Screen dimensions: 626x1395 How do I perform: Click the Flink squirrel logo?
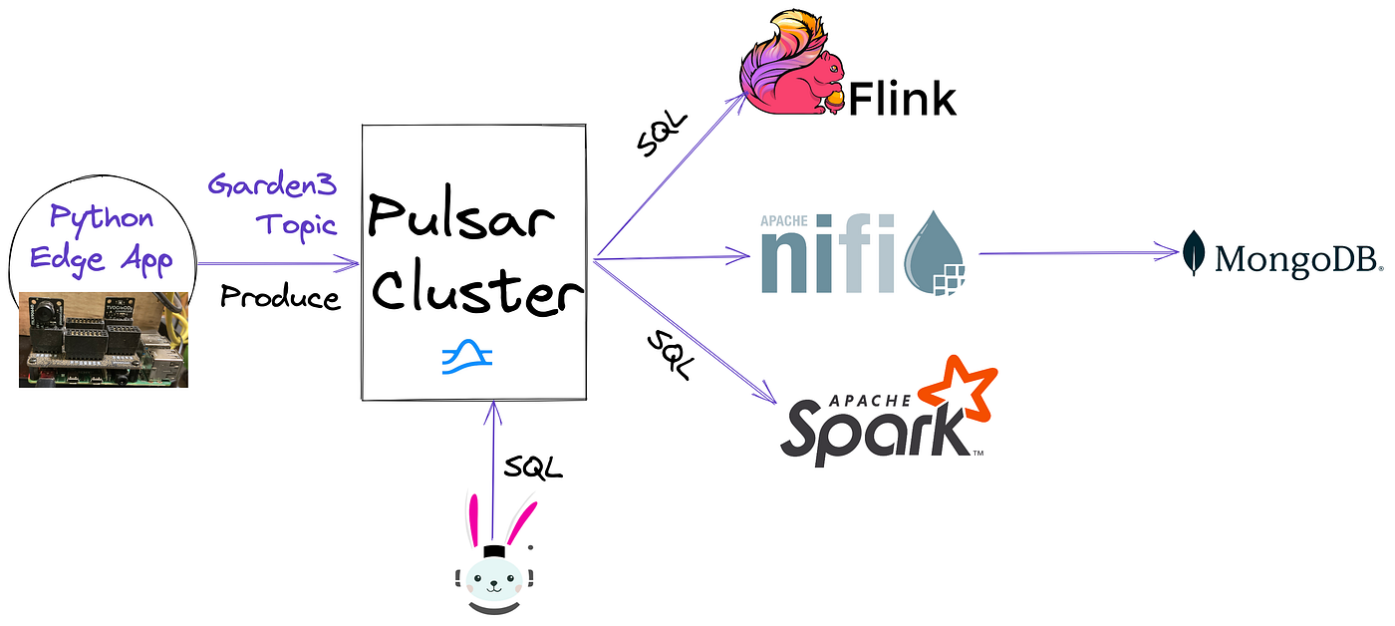click(792, 68)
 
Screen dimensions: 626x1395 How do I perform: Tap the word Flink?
click(902, 99)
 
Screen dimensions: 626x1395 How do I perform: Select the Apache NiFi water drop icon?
click(936, 254)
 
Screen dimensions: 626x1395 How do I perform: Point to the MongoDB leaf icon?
click(1196, 252)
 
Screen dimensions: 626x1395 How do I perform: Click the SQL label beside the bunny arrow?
click(533, 466)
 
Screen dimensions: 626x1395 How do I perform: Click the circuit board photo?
click(104, 339)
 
